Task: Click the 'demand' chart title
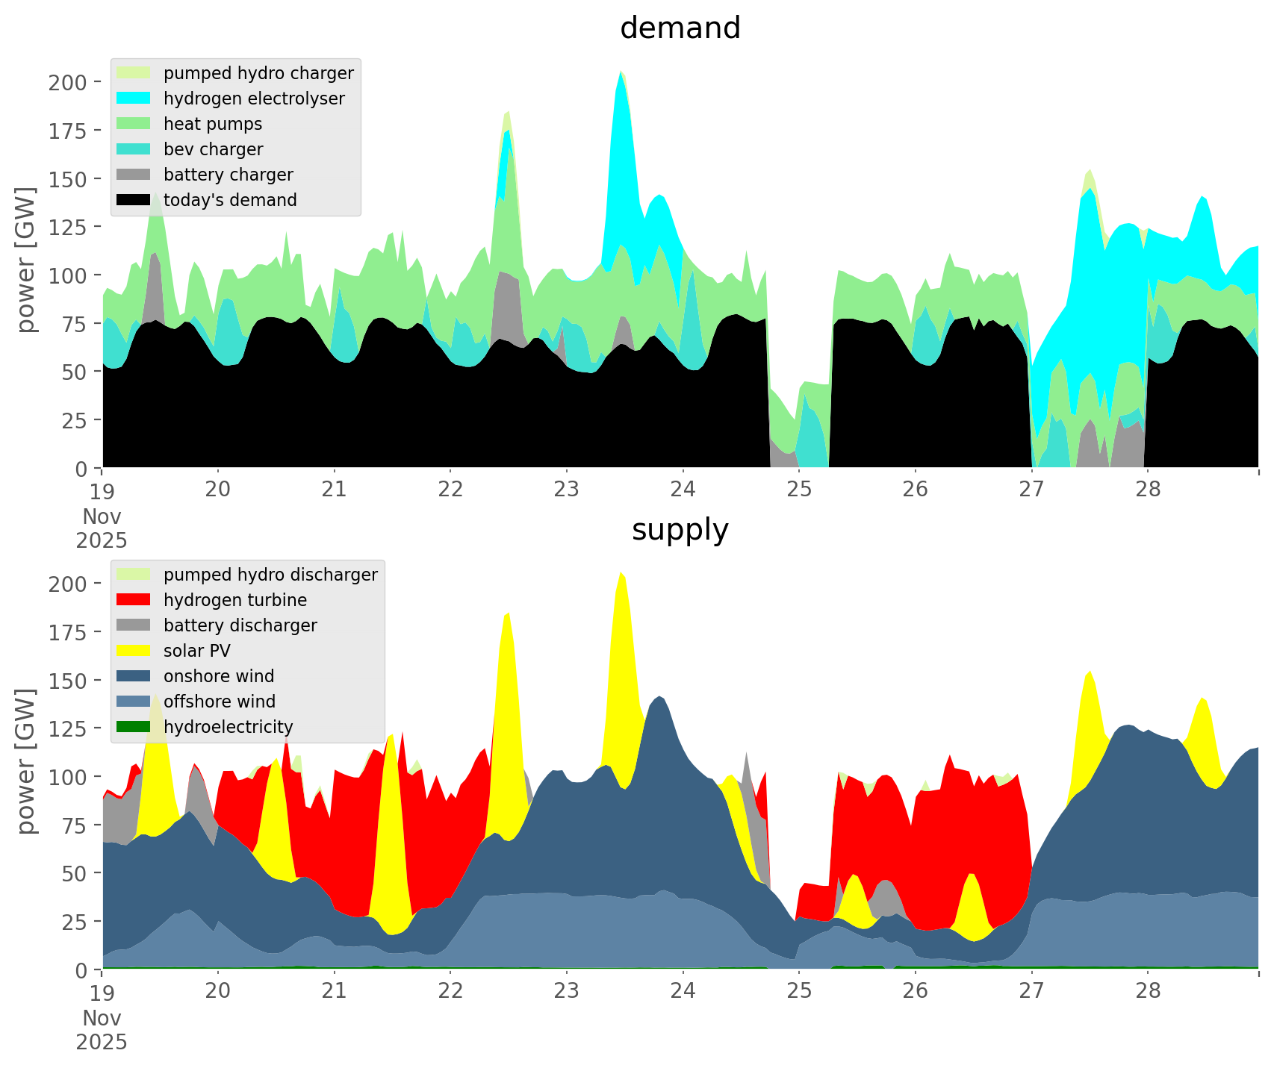(x=680, y=28)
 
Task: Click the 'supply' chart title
(x=680, y=530)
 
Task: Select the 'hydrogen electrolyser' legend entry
(x=254, y=99)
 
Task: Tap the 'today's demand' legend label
(x=230, y=200)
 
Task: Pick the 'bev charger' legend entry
(x=213, y=149)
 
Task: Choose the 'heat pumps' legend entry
(x=213, y=124)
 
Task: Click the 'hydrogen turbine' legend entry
(x=234, y=600)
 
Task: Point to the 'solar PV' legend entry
(x=196, y=651)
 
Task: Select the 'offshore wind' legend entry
(x=219, y=702)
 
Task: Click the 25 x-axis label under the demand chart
(x=798, y=490)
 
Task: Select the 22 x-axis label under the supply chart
(x=450, y=991)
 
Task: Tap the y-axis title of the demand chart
(x=26, y=259)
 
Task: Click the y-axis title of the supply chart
(x=26, y=761)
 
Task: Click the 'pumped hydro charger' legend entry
(x=258, y=73)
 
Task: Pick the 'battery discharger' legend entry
(x=240, y=625)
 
